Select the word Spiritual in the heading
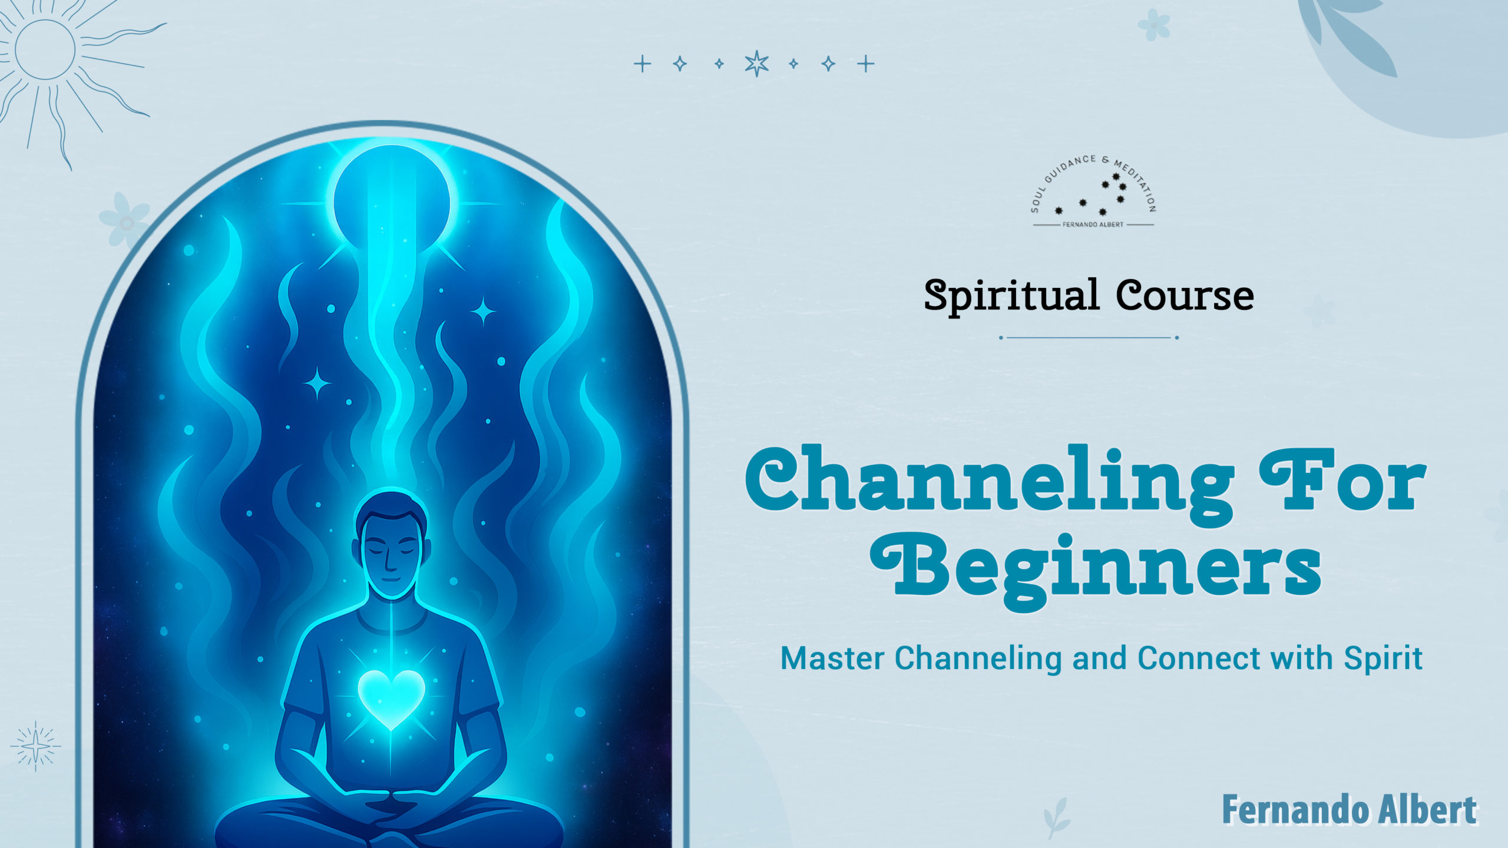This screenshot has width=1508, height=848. coord(1011,296)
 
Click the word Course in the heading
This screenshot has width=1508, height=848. coord(1185,295)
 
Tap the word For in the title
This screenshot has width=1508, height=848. coord(1342,481)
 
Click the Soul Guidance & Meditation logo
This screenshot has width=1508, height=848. coord(1093,192)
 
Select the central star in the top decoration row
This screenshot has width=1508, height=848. coord(756,64)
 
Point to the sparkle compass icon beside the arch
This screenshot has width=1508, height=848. coord(35,746)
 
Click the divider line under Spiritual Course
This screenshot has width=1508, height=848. coord(1089,337)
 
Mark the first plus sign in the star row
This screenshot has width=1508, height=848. coord(643,64)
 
